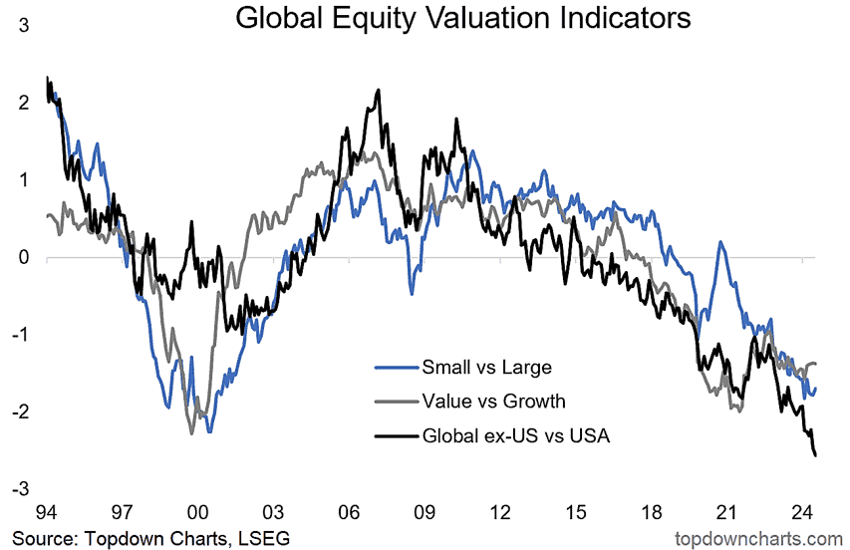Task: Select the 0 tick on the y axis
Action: tap(23, 257)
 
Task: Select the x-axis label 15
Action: tap(576, 514)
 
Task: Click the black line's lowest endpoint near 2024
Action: tap(816, 455)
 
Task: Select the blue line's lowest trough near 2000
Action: tap(210, 430)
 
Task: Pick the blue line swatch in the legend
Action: tap(392, 367)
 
